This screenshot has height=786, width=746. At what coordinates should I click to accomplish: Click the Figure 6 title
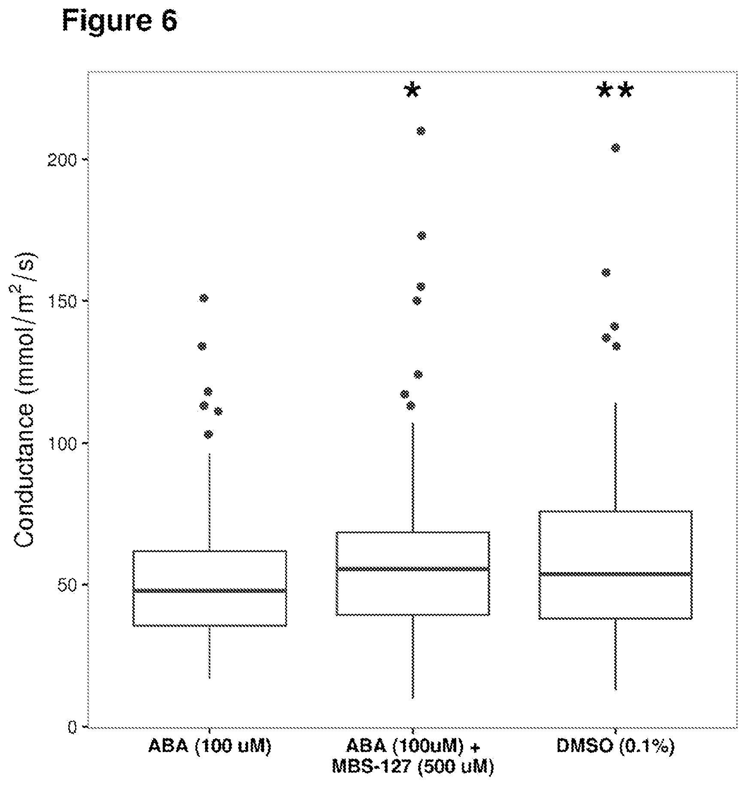(x=119, y=21)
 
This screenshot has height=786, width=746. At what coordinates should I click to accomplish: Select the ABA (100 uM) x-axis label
(x=209, y=746)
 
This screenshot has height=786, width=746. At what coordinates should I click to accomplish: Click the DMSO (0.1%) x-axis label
(x=616, y=746)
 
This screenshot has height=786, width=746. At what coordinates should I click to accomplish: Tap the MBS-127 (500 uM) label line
(x=412, y=767)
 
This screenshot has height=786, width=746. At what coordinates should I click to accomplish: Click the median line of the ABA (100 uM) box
(x=209, y=591)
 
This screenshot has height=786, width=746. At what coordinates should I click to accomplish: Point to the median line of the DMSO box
(x=616, y=574)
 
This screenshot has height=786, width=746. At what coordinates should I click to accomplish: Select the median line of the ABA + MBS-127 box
(x=412, y=569)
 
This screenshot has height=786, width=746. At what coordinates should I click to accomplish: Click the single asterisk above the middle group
(x=412, y=90)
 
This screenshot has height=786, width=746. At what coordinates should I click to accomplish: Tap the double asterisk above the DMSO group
(x=616, y=91)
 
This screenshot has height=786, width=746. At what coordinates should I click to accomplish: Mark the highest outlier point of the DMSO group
(x=616, y=148)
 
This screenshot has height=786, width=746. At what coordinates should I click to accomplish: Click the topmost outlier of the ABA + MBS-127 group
(x=421, y=131)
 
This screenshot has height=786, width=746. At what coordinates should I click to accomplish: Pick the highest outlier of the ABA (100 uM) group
(x=204, y=298)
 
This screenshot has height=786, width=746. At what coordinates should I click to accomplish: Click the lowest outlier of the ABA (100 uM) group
(x=208, y=434)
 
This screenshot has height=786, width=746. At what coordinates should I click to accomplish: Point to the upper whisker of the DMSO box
(x=616, y=457)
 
